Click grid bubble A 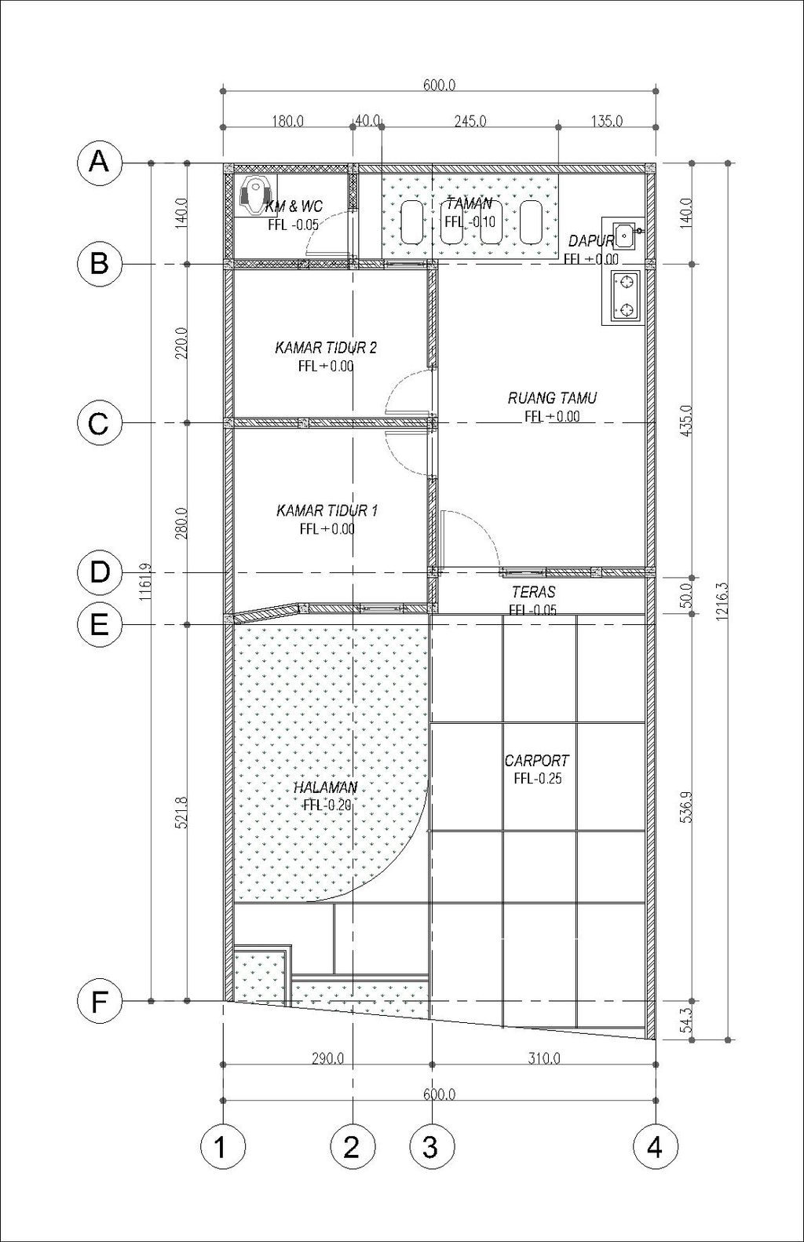point(99,163)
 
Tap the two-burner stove point(626,297)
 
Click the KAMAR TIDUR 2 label point(326,348)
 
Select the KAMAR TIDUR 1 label point(327,510)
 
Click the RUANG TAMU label point(552,398)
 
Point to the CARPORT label point(537,760)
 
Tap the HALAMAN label point(326,787)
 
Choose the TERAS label point(533,592)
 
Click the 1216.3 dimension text point(722,601)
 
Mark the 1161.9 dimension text point(145,583)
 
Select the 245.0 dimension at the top point(470,121)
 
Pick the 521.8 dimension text point(182,813)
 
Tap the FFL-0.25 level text point(537,778)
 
